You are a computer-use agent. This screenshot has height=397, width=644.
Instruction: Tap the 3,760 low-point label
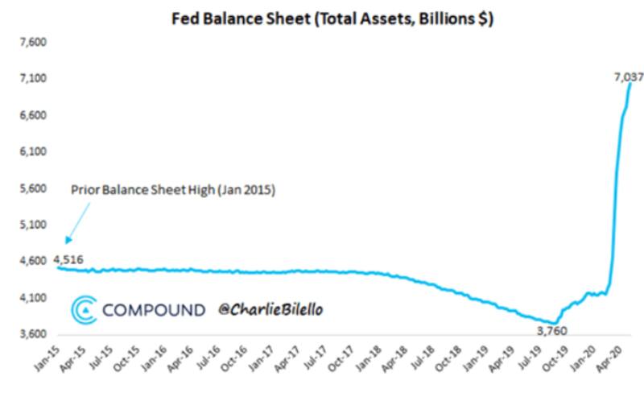pyautogui.click(x=555, y=329)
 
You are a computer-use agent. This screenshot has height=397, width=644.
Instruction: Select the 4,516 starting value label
pyautogui.click(x=68, y=259)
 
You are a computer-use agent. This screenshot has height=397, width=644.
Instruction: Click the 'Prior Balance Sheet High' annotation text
pyautogui.click(x=173, y=191)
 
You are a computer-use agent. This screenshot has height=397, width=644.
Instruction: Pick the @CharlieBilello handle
pyautogui.click(x=274, y=309)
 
